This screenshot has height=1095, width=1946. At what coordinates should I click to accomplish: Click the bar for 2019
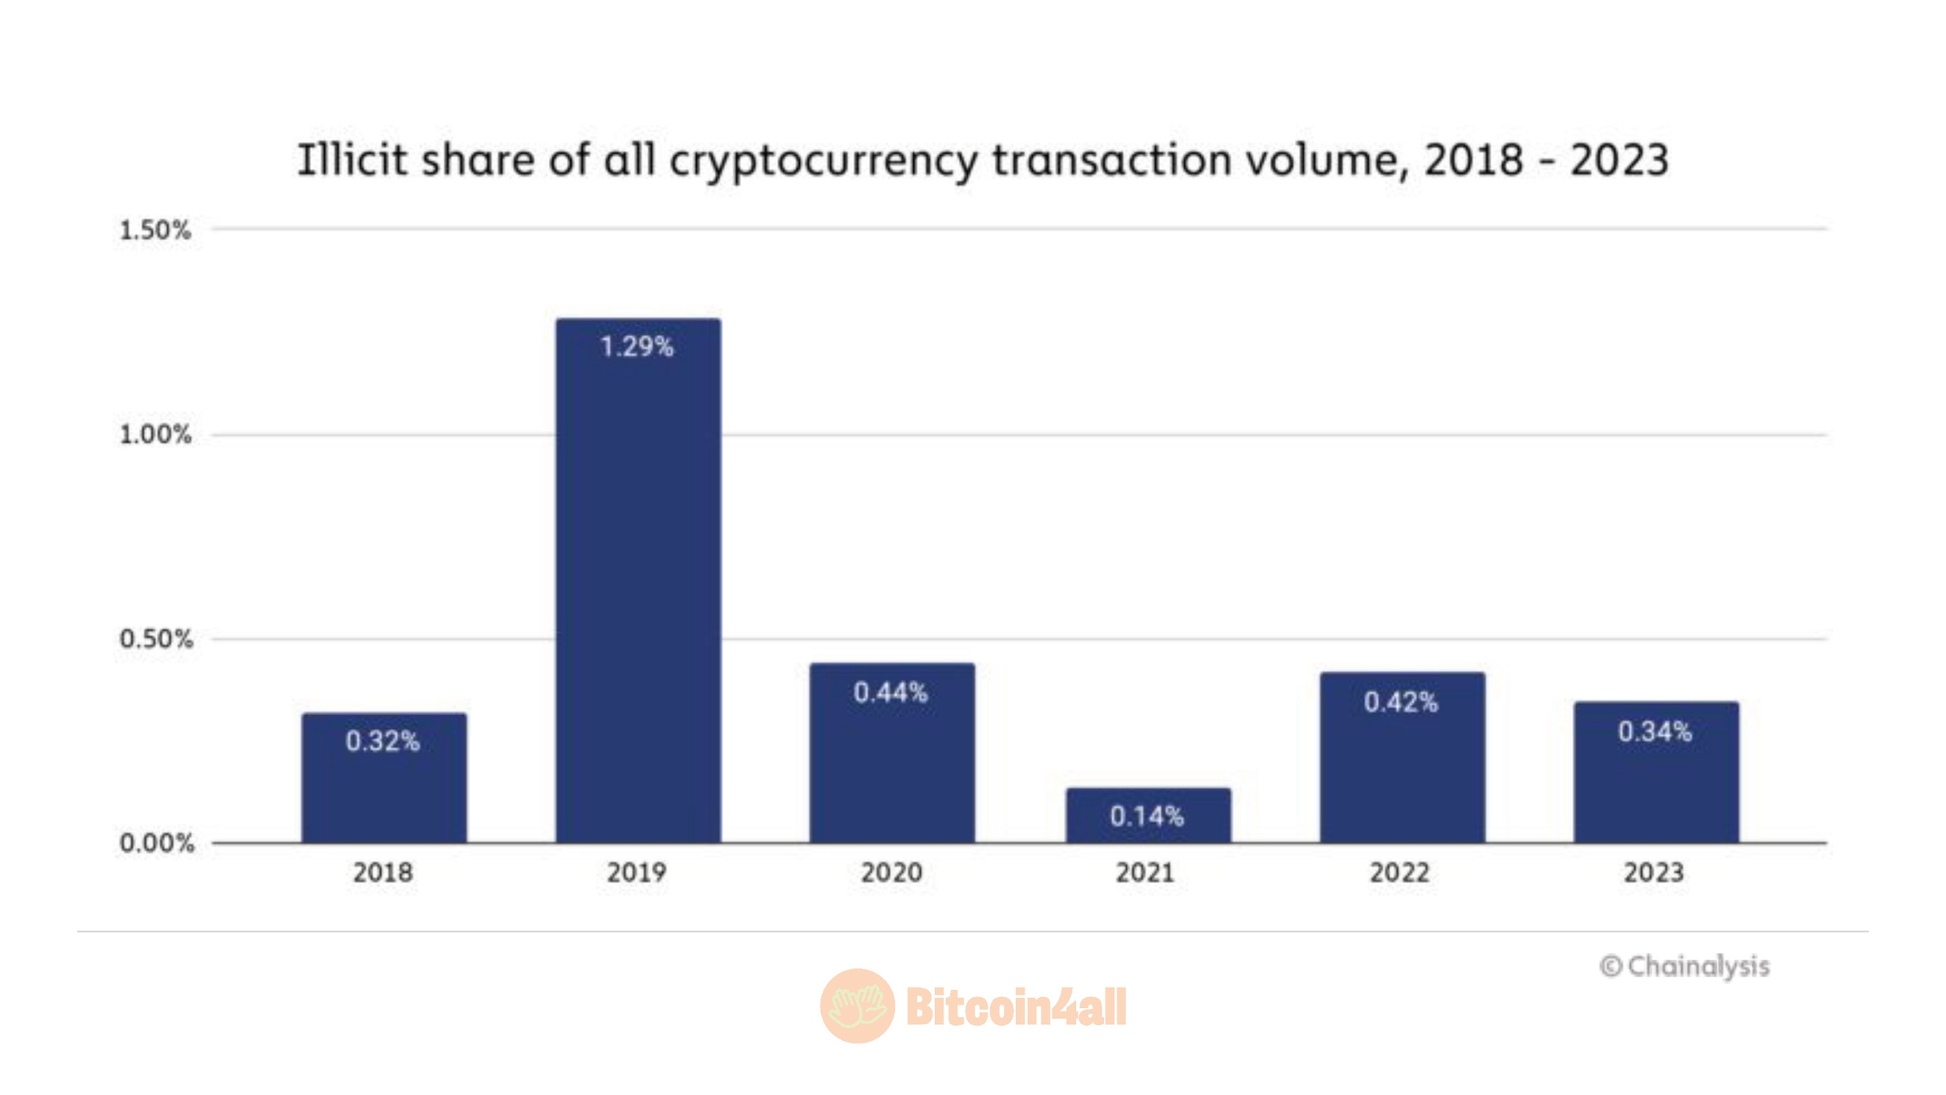pyautogui.click(x=638, y=583)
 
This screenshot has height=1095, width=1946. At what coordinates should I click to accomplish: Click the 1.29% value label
pyautogui.click(x=637, y=346)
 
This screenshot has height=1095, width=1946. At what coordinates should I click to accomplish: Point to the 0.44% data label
pyautogui.click(x=891, y=693)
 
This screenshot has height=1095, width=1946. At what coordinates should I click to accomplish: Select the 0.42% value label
pyautogui.click(x=1400, y=702)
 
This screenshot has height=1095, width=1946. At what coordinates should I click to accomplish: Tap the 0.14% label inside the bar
pyautogui.click(x=1147, y=816)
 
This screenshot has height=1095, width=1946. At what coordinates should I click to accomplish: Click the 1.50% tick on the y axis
pyautogui.click(x=155, y=230)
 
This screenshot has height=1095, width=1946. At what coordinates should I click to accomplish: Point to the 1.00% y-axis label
pyautogui.click(x=155, y=435)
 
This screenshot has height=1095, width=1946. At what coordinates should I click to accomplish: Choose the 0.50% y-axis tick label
pyautogui.click(x=155, y=640)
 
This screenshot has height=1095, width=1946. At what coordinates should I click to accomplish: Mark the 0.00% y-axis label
pyautogui.click(x=156, y=843)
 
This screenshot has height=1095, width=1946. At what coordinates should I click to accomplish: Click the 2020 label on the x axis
pyautogui.click(x=891, y=873)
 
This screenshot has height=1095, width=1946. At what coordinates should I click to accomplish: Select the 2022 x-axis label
pyautogui.click(x=1400, y=873)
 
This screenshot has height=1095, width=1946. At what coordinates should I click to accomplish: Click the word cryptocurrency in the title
pyautogui.click(x=823, y=161)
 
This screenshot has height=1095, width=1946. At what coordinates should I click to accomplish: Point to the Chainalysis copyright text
pyautogui.click(x=1684, y=967)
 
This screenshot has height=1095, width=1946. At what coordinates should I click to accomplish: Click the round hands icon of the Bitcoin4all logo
pyautogui.click(x=857, y=1005)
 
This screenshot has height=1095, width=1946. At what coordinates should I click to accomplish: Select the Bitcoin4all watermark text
pyautogui.click(x=1016, y=1006)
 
